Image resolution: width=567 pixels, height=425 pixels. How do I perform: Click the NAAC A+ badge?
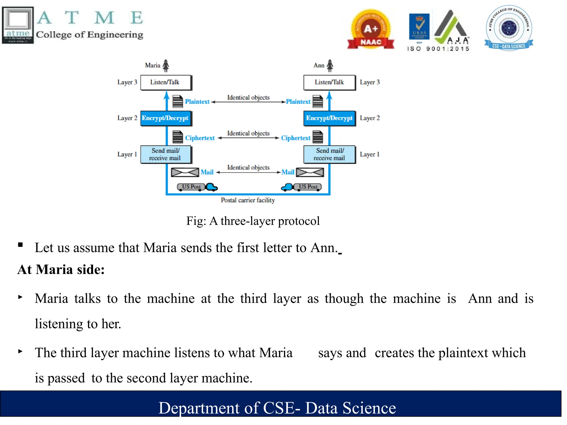pyautogui.click(x=371, y=30)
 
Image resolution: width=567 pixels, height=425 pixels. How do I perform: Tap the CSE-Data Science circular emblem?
pyautogui.click(x=509, y=28)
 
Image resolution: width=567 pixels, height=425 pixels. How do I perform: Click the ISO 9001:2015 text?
pyautogui.click(x=438, y=49)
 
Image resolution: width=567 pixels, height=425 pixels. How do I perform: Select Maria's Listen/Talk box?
pyautogui.click(x=166, y=82)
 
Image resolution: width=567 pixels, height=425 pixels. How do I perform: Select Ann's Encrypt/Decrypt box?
pyautogui.click(x=329, y=118)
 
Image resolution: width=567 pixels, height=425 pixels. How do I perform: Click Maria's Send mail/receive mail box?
pyautogui.click(x=166, y=154)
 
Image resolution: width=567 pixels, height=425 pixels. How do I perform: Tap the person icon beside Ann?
pyautogui.click(x=330, y=66)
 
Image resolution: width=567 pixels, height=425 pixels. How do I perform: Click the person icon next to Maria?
pyautogui.click(x=166, y=66)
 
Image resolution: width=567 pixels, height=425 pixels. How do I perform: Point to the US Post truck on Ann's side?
pyautogui.click(x=302, y=187)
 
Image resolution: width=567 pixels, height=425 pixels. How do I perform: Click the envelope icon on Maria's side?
pyautogui.click(x=185, y=172)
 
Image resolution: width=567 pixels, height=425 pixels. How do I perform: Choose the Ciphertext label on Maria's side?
pyautogui.click(x=200, y=138)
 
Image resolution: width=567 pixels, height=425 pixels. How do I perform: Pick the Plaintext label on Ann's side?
pyautogui.click(x=298, y=102)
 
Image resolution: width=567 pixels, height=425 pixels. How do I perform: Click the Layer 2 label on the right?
pyautogui.click(x=370, y=118)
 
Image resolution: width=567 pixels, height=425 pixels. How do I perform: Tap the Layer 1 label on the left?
pyautogui.click(x=127, y=154)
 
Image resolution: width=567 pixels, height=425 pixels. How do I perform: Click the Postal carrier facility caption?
pyautogui.click(x=248, y=200)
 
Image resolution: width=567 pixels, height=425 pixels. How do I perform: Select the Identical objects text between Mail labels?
pyautogui.click(x=248, y=167)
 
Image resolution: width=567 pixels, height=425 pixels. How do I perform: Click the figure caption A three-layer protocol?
pyautogui.click(x=253, y=221)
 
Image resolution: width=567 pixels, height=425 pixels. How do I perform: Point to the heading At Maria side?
pyautogui.click(x=61, y=269)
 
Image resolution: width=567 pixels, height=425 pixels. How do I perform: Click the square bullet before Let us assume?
pyautogui.click(x=20, y=245)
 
